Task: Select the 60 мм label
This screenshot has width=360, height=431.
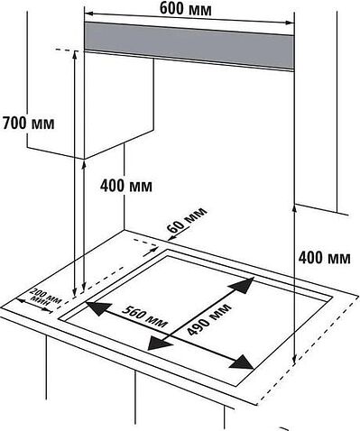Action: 187,220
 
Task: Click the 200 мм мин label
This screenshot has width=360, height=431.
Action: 46,298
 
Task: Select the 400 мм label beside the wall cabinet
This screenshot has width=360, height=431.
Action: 126,187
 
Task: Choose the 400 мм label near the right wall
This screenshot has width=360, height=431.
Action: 322,258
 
